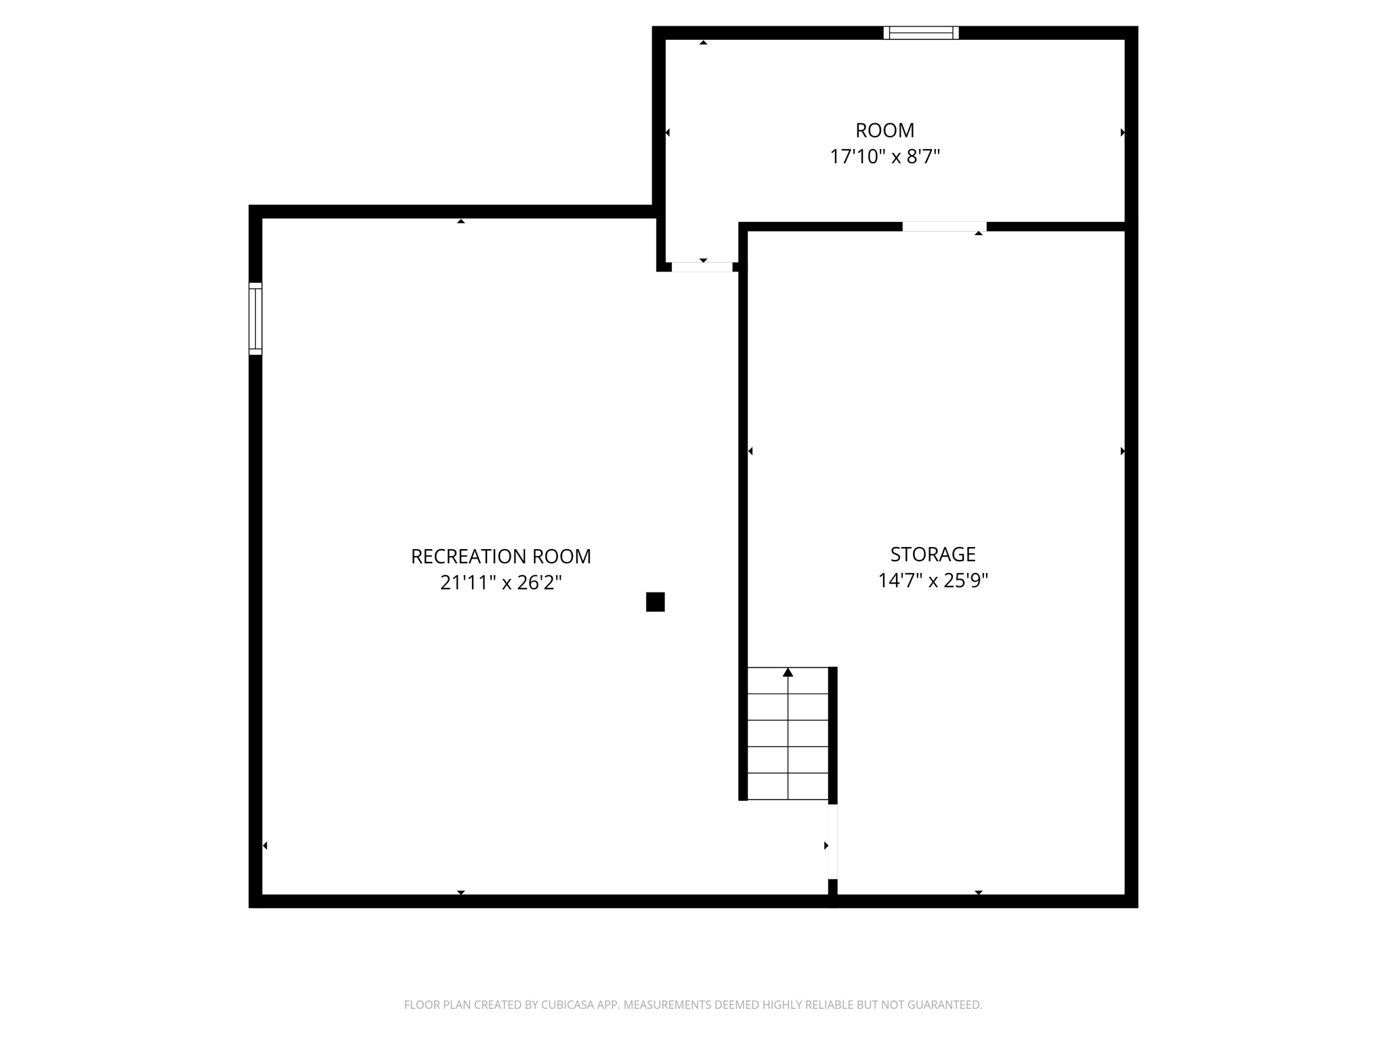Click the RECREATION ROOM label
click(500, 557)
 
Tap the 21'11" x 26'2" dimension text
click(500, 582)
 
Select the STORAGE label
click(933, 555)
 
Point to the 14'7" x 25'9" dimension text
click(933, 580)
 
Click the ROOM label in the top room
click(884, 130)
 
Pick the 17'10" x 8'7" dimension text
click(884, 156)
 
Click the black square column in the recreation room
click(655, 602)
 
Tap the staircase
click(788, 733)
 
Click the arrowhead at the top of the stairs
click(788, 672)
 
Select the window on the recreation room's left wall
click(255, 318)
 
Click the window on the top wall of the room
click(921, 32)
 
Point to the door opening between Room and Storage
click(944, 227)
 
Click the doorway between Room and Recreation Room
click(702, 267)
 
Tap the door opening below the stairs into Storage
click(833, 842)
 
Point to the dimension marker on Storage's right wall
click(1122, 451)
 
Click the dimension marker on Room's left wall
click(668, 133)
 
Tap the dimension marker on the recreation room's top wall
click(461, 221)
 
